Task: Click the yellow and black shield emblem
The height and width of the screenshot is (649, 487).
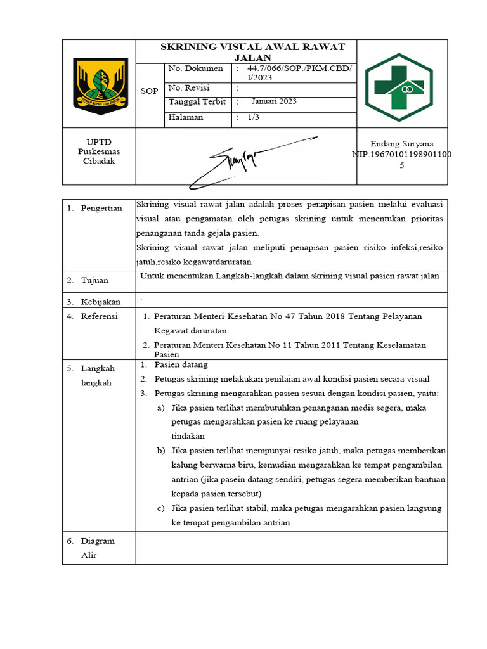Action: point(100,86)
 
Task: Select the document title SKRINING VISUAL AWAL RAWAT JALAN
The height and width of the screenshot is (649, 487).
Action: point(252,52)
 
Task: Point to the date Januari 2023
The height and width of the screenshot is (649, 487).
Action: point(274,101)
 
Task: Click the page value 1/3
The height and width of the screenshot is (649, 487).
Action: point(253,117)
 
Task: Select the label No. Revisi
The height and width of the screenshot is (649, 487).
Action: point(189,88)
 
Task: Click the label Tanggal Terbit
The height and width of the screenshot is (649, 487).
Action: point(197,102)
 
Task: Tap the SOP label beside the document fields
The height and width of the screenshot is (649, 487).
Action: point(150,91)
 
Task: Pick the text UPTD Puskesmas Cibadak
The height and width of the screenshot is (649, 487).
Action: point(98,151)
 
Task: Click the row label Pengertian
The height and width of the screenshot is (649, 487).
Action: point(101,209)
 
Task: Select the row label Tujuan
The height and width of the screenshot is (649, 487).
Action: point(94,280)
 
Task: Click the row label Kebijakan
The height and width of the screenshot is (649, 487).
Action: point(100,302)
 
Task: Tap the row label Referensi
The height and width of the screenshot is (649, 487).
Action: point(100,316)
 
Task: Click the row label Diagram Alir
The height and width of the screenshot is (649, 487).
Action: point(97,548)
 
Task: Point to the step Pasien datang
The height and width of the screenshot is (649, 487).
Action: point(181,365)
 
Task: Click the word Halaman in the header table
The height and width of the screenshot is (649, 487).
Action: point(186,117)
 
